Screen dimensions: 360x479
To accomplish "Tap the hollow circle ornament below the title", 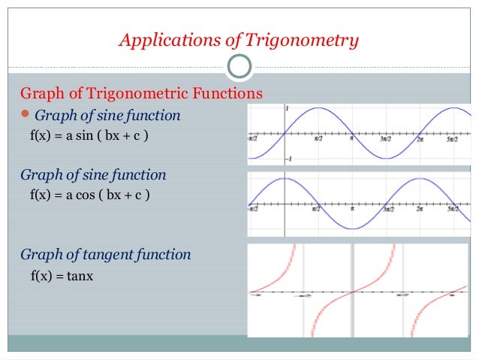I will coord(239,67).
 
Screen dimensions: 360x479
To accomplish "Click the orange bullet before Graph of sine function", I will coord(26,115).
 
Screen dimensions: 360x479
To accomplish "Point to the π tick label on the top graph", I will coord(352,139).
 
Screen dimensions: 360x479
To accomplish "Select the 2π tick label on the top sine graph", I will coord(420,139).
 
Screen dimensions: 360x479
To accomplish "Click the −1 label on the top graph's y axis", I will coord(288,159).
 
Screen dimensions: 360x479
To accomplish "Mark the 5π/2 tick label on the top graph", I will coord(453,139).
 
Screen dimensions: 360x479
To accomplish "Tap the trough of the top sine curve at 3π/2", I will coord(386,159).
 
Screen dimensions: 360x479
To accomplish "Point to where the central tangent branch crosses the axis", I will coord(352,291).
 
